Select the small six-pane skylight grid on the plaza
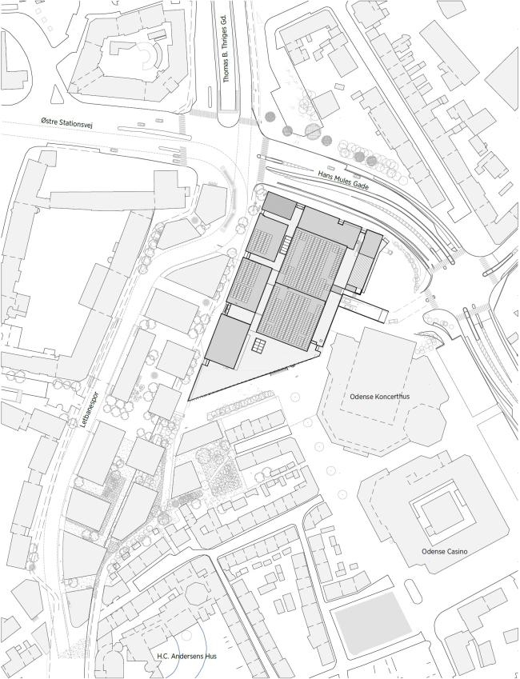pyautogui.click(x=259, y=345)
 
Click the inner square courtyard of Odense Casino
pyautogui.click(x=436, y=509)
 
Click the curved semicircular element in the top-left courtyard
pyautogui.click(x=150, y=58)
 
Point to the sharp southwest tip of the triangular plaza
pyautogui.click(x=190, y=399)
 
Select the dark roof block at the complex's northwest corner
pyautogui.click(x=280, y=206)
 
